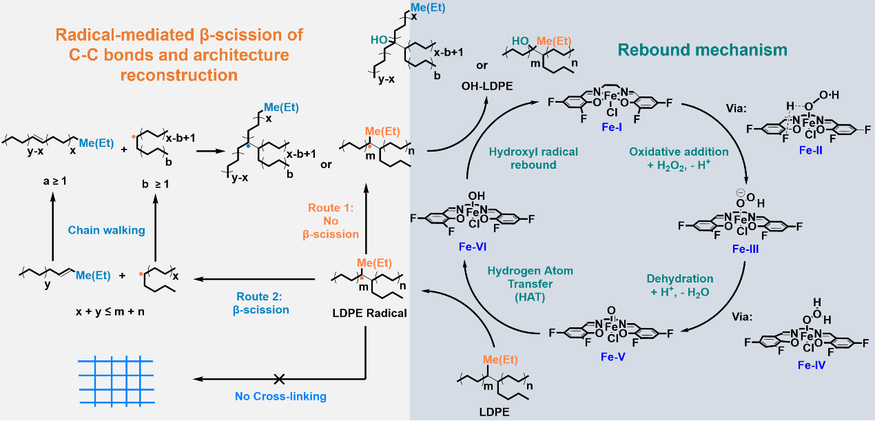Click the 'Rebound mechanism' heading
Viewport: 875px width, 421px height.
702,50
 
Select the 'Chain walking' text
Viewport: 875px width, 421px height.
106,230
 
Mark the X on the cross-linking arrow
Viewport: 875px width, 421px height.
279,378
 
